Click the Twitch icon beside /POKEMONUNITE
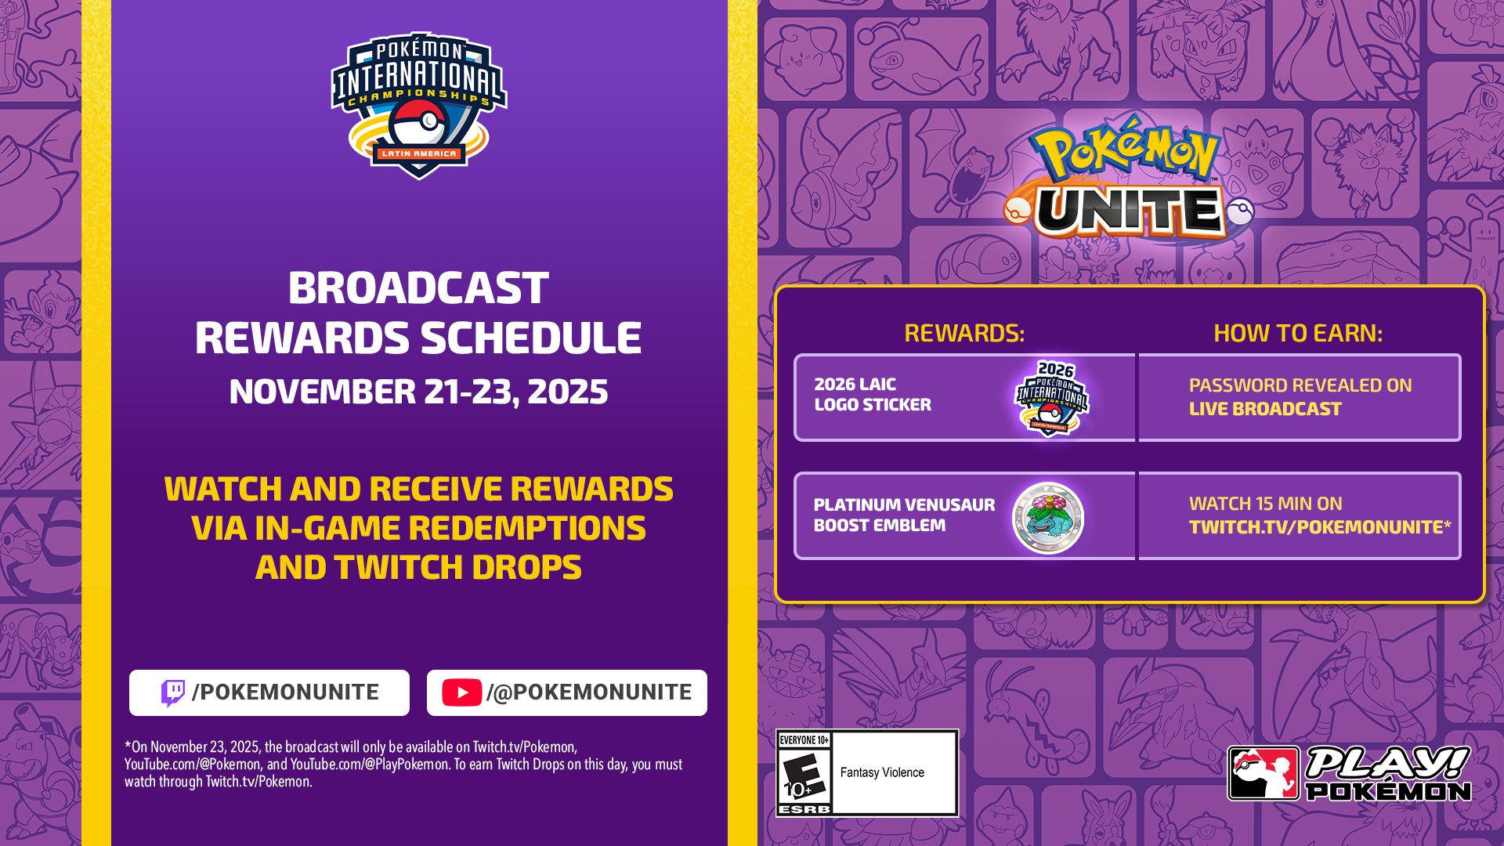tap(172, 692)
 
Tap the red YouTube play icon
tap(461, 692)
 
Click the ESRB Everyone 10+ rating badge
tap(804, 773)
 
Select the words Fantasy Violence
tap(882, 772)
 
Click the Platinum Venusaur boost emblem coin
tap(1048, 517)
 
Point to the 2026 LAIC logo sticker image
tap(1052, 398)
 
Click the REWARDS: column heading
tap(964, 334)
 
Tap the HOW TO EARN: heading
tap(1298, 334)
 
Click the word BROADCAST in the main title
tap(418, 288)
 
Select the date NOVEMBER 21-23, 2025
tap(418, 392)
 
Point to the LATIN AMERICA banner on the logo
tap(419, 154)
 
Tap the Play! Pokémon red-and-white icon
tap(1264, 773)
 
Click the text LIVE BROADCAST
tap(1265, 409)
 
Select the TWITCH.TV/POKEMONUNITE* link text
tap(1320, 527)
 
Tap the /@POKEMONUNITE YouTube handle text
tap(589, 692)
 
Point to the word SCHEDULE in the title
tap(531, 338)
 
